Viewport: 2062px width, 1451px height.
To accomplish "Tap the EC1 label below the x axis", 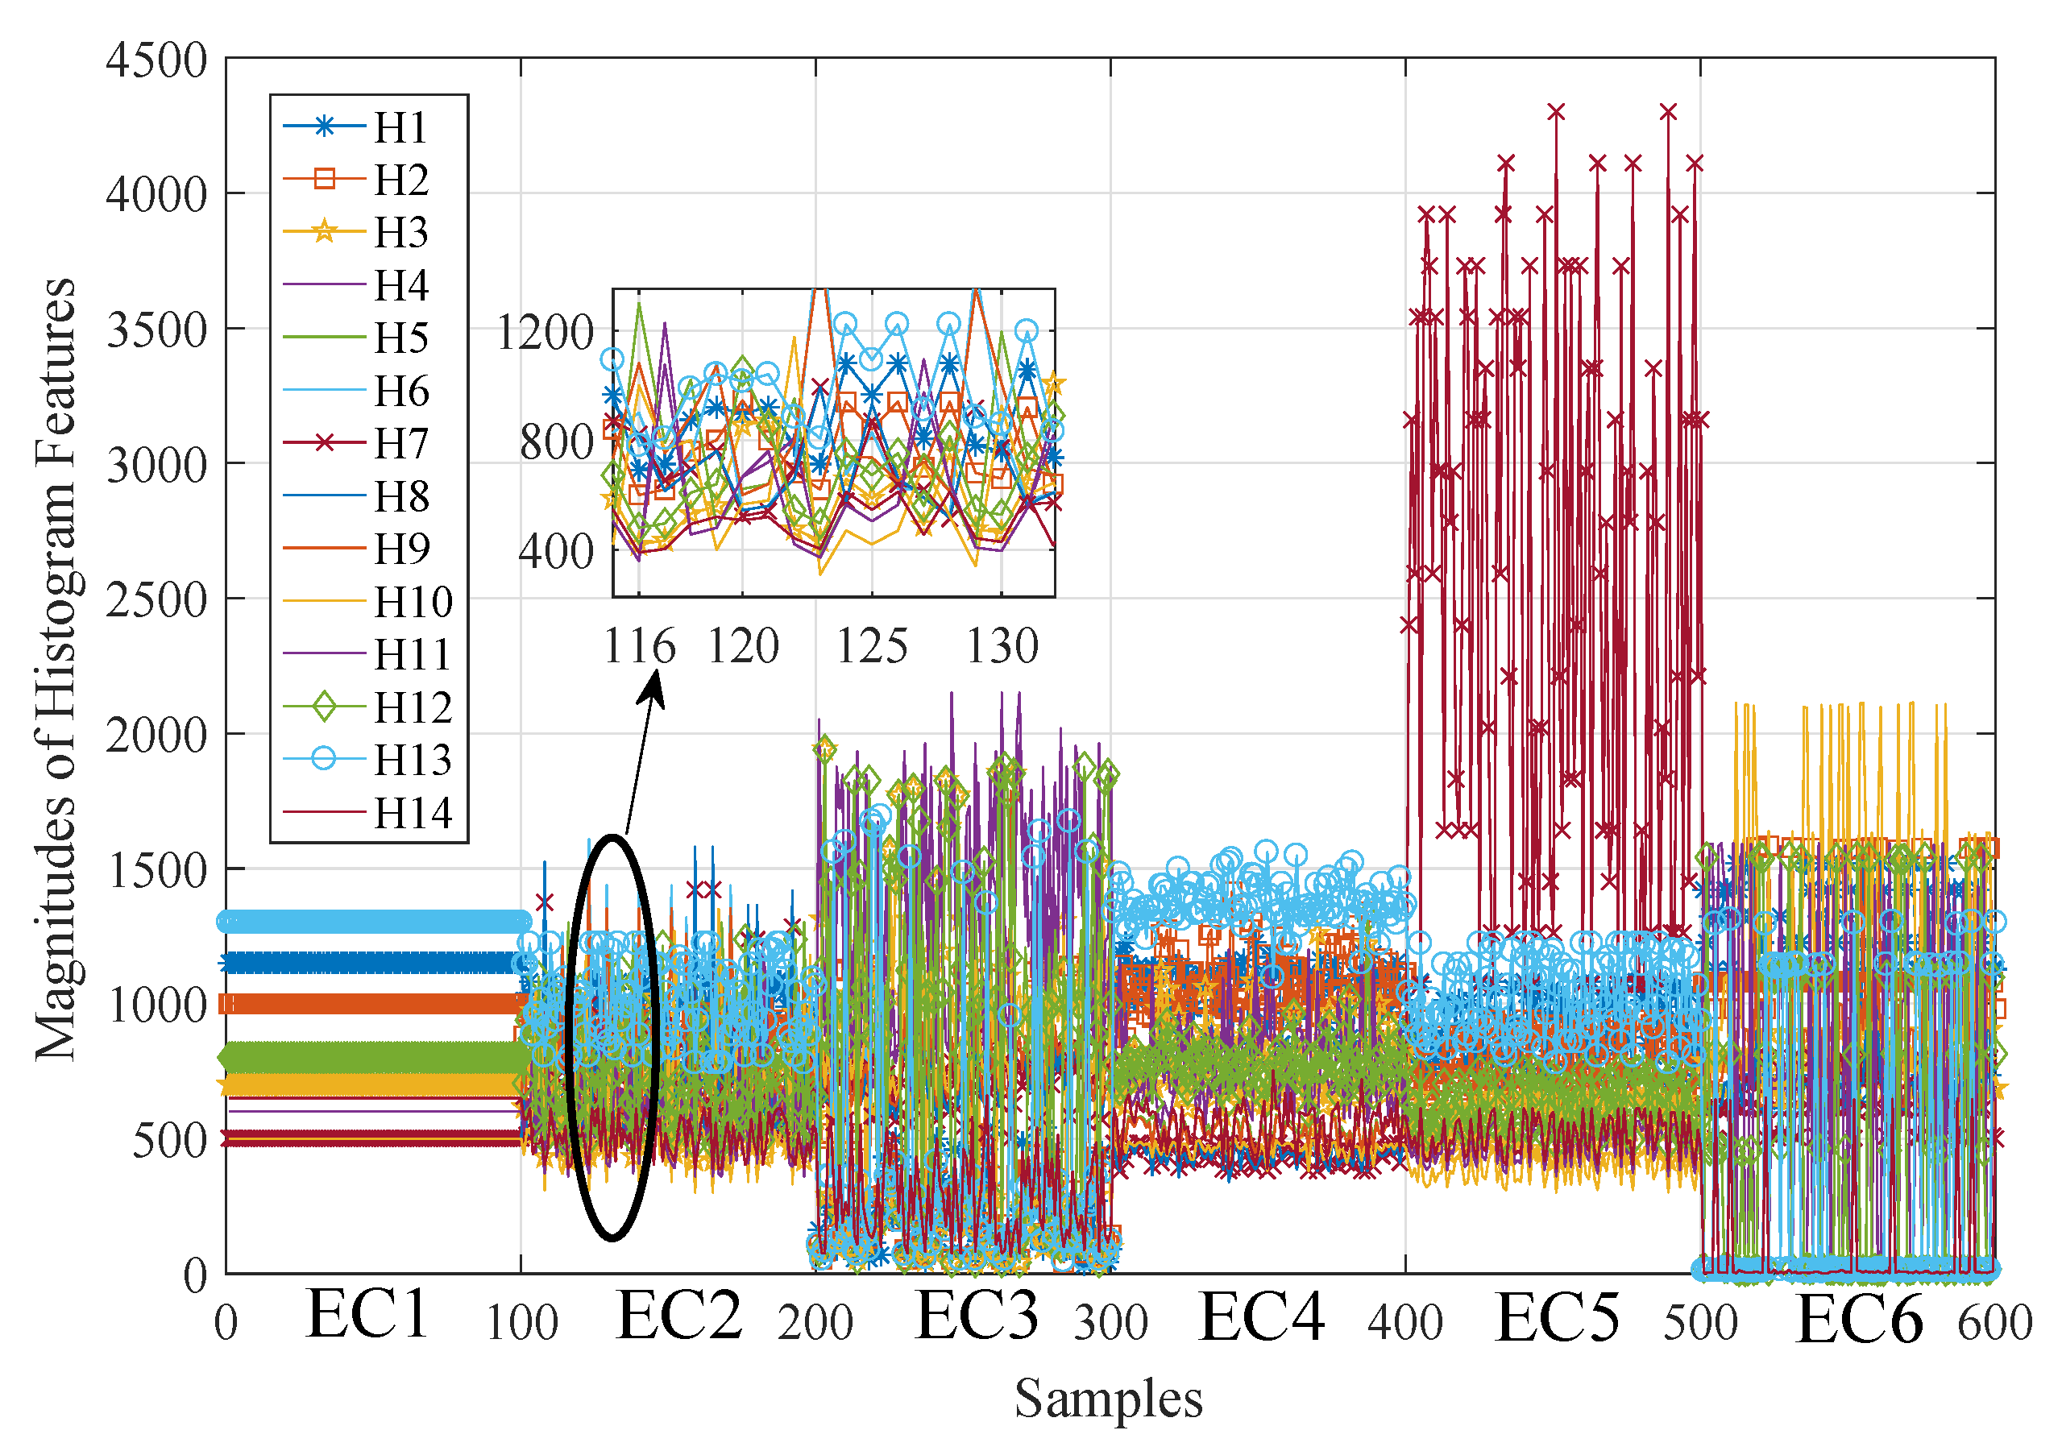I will coord(367,1315).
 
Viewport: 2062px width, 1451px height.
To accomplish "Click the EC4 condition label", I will coord(1261,1317).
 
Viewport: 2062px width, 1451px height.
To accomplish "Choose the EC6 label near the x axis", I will coord(1858,1320).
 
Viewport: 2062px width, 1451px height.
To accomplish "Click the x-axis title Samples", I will coord(1108,1399).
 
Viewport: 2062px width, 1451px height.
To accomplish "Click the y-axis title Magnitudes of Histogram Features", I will coord(56,669).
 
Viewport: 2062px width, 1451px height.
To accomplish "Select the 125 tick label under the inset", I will coord(871,645).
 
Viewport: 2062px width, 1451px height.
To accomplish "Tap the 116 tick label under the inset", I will coord(638,645).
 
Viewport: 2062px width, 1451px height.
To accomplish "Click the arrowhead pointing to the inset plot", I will coord(653,689).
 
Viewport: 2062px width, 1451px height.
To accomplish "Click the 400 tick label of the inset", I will coord(556,551).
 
